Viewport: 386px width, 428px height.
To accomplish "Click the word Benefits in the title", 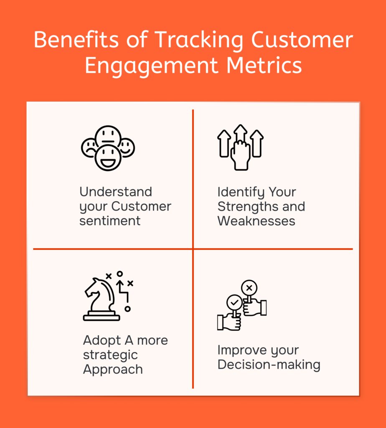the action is coord(76,40).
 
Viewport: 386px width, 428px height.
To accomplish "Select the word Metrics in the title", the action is coord(264,66).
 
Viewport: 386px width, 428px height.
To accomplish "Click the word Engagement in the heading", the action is coord(151,67).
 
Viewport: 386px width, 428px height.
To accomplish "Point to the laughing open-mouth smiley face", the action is coord(108,158).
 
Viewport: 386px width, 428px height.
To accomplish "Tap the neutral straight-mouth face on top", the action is coord(108,136).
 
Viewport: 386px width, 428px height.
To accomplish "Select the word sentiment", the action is coord(110,221).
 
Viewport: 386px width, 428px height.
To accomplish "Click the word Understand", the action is coord(116,191).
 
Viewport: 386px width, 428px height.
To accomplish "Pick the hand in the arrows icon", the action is coord(241,155).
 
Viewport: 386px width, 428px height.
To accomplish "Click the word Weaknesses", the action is coord(256,221).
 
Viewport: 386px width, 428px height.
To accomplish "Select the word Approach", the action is coord(113,370).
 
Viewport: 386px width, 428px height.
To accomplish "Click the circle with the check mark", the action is coord(234,303).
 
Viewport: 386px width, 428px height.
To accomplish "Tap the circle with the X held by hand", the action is coord(249,288).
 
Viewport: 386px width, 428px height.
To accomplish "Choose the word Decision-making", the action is coord(269,365).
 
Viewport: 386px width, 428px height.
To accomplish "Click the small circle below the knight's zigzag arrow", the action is coord(128,309).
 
